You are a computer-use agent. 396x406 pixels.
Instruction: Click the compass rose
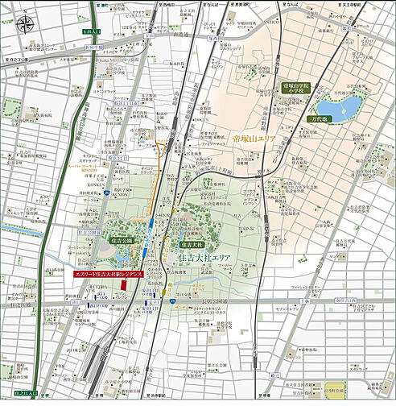pos(25,23)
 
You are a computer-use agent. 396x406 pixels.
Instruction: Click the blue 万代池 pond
pos(336,107)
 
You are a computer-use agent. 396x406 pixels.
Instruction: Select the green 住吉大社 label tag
pos(191,242)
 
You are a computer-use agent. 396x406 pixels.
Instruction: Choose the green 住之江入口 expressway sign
pos(27,394)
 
